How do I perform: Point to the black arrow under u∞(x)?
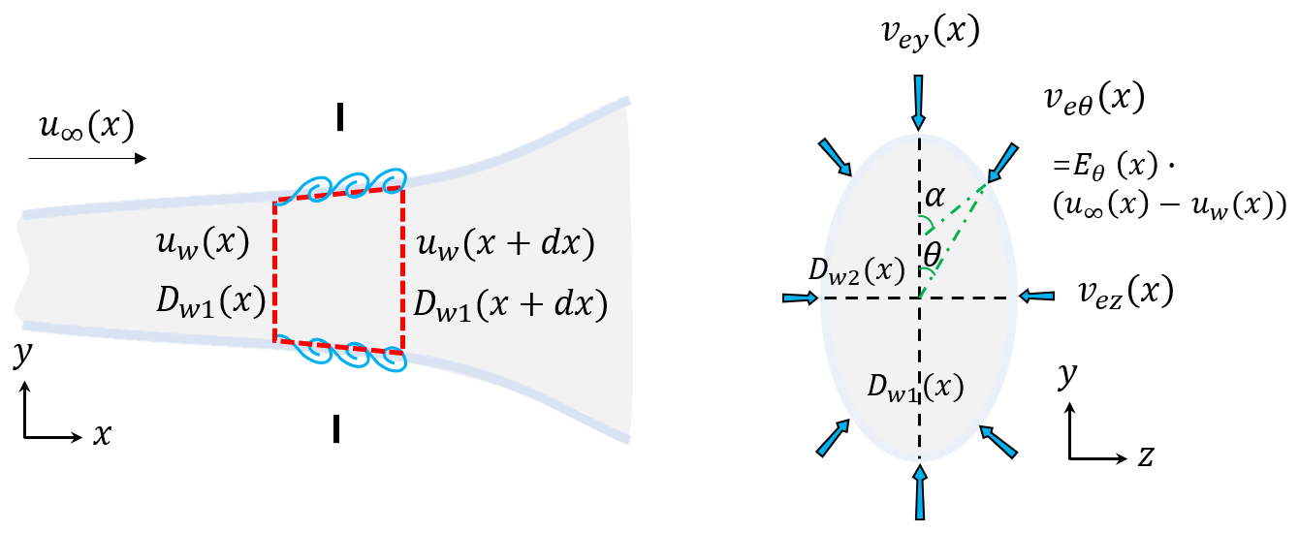click(x=88, y=157)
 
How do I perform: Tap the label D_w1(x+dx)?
click(x=510, y=304)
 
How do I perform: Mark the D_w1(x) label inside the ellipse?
click(x=914, y=388)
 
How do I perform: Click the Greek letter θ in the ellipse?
click(x=932, y=257)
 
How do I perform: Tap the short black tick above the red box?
click(x=339, y=115)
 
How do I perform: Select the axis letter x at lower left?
click(x=101, y=436)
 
